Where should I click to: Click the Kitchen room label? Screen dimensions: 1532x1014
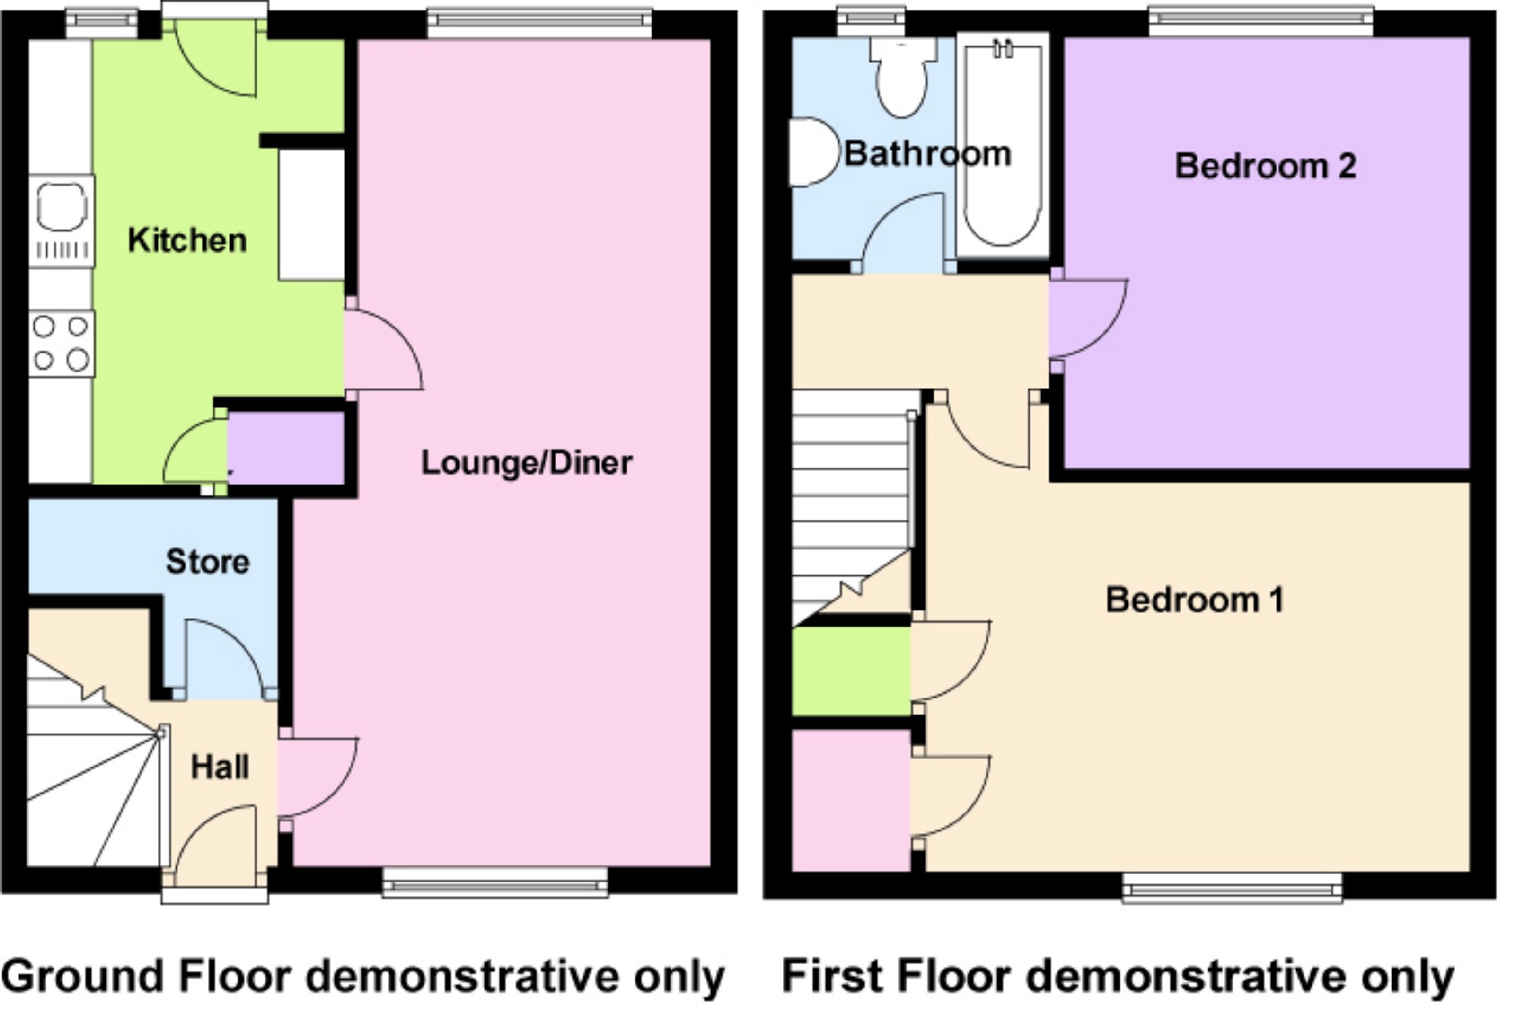pos(187,241)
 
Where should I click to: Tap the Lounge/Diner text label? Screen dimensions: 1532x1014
pos(526,463)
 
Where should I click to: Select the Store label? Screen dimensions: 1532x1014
pos(207,561)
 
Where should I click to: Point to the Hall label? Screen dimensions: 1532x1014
pos(219,767)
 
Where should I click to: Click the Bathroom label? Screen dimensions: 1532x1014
pos(928,154)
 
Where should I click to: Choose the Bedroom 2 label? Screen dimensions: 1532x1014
pos(1265,166)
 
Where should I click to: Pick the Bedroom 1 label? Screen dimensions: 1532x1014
pos(1195,599)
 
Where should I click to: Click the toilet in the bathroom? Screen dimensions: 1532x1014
pos(901,76)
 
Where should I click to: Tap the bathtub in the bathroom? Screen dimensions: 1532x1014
pos(1002,144)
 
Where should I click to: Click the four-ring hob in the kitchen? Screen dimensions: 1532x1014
pos(61,343)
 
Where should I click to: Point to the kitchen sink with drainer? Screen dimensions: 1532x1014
pos(62,220)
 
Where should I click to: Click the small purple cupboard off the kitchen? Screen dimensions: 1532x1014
pos(286,448)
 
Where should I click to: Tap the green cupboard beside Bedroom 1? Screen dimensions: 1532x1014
pos(851,671)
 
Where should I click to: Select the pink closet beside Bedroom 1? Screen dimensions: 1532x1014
pos(851,799)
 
